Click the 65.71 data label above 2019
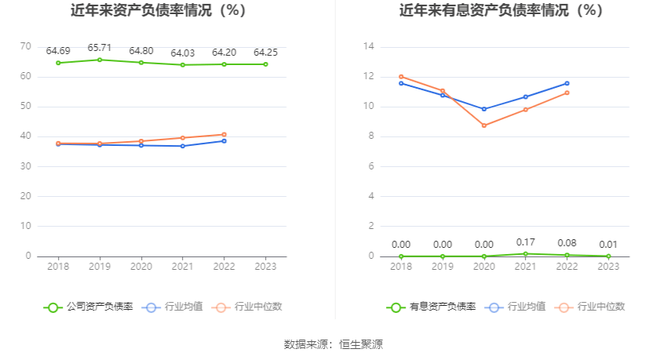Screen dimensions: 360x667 (x=99, y=48)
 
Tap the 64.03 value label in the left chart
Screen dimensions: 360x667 (x=182, y=53)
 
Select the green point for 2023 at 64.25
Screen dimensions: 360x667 (x=265, y=64)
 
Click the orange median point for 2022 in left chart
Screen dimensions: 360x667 (x=224, y=134)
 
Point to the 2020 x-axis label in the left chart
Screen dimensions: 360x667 (x=140, y=267)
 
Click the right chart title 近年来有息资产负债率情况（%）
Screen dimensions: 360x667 (x=501, y=11)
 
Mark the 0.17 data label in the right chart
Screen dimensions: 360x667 (x=526, y=242)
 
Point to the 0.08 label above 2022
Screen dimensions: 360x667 (x=567, y=243)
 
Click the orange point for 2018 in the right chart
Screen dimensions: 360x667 (x=401, y=77)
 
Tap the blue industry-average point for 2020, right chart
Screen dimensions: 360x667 (x=484, y=109)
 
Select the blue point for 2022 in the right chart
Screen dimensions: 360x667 (x=567, y=83)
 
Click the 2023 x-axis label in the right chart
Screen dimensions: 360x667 (x=608, y=267)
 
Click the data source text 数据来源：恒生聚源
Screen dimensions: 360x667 (x=333, y=344)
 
